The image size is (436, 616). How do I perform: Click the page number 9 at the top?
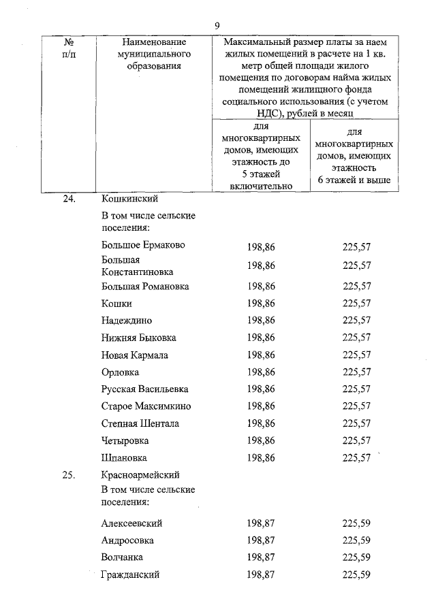click(217, 25)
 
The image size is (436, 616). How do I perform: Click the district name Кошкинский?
click(129, 199)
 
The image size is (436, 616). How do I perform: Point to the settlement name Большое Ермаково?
click(142, 245)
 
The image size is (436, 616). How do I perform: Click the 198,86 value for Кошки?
click(262, 304)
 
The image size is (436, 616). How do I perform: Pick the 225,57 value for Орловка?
click(357, 372)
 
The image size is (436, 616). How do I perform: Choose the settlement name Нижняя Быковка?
click(138, 338)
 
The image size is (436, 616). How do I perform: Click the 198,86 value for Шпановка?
click(262, 458)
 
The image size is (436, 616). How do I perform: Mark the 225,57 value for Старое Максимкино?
click(357, 406)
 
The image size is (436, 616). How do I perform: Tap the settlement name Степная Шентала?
click(140, 423)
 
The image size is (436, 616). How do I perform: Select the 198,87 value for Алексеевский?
click(262, 523)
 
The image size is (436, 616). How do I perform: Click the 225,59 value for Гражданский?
click(357, 575)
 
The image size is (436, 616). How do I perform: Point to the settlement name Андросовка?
click(127, 540)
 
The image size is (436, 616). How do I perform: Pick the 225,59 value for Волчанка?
click(357, 557)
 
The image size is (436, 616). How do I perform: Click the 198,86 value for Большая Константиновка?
click(262, 265)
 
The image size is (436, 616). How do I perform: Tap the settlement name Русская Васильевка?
click(144, 389)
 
